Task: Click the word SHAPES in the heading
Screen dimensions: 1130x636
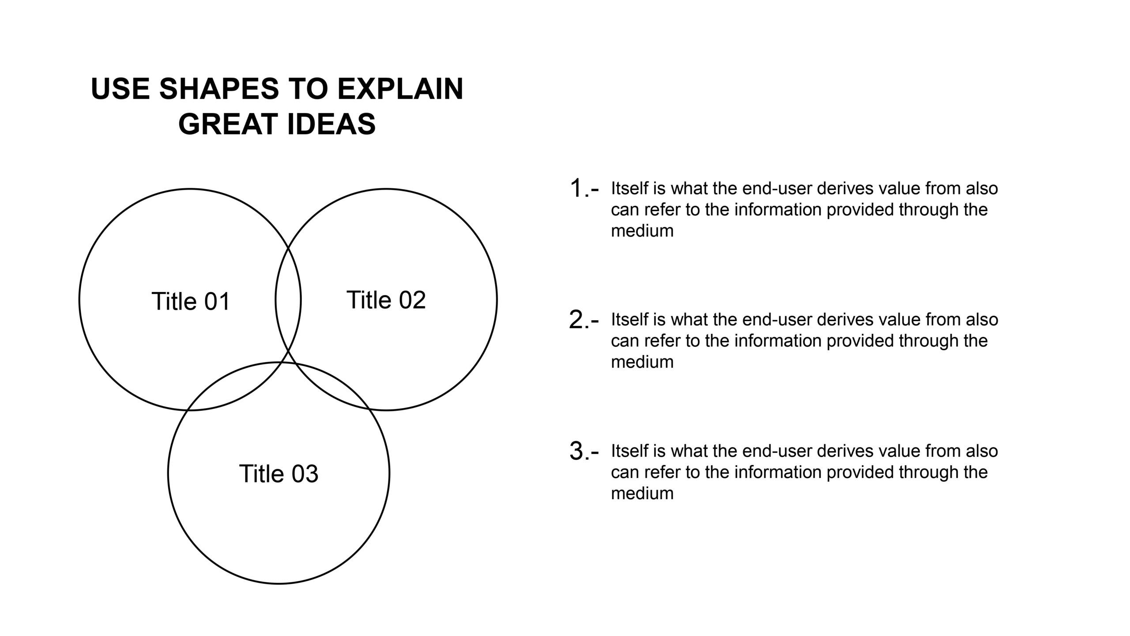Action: click(x=219, y=89)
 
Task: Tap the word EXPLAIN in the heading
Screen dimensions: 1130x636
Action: click(x=400, y=89)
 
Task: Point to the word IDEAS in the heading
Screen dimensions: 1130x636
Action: click(x=331, y=124)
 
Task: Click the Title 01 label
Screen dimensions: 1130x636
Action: click(x=191, y=301)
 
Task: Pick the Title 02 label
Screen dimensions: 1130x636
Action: click(x=386, y=300)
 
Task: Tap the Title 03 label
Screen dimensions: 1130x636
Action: click(x=279, y=473)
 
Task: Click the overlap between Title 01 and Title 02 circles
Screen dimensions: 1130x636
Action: click(x=288, y=299)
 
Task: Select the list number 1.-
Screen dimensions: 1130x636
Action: click(x=584, y=188)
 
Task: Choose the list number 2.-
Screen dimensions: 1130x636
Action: click(x=584, y=320)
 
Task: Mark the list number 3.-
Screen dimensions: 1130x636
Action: click(x=584, y=451)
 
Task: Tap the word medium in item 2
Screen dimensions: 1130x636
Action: click(x=642, y=362)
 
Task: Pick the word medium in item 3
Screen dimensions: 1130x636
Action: click(x=642, y=493)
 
